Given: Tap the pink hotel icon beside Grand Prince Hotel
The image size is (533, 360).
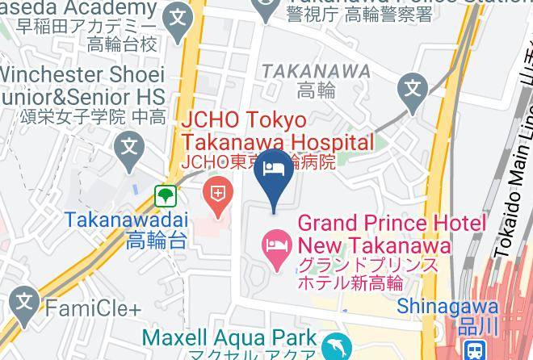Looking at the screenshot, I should (276, 244).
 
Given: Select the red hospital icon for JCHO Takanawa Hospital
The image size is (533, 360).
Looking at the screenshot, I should (217, 193).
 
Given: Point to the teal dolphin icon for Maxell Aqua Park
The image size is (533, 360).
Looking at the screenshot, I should (335, 347).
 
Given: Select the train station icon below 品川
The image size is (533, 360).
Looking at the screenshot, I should (475, 349).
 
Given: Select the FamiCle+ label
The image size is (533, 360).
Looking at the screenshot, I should (93, 308).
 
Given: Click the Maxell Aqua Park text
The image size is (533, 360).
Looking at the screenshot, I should (229, 335).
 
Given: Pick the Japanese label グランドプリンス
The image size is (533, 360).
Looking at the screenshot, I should (368, 265).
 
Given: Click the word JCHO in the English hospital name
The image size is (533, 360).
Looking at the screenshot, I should (213, 120).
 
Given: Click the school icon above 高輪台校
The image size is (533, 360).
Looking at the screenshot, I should (178, 15).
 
